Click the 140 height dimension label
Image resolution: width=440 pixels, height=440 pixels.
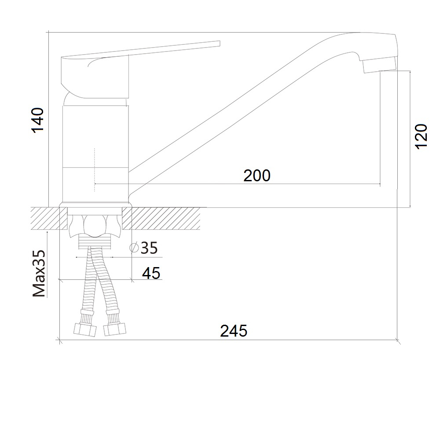point(37,120)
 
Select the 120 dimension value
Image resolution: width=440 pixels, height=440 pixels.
point(421,136)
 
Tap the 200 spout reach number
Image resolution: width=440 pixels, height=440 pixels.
point(257,176)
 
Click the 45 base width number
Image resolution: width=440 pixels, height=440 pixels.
point(151,273)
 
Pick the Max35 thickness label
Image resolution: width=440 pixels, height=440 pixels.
point(39,274)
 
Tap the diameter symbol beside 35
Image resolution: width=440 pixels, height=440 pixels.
point(134,247)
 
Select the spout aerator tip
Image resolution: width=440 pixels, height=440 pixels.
point(379,64)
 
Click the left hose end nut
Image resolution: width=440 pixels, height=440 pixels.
point(85,330)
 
